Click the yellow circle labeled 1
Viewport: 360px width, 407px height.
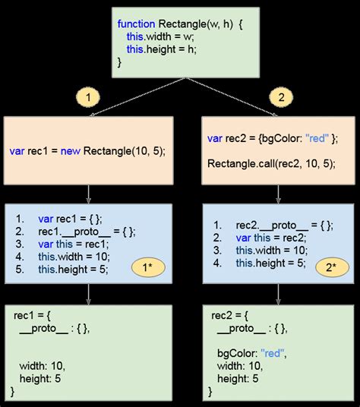tap(88, 98)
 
